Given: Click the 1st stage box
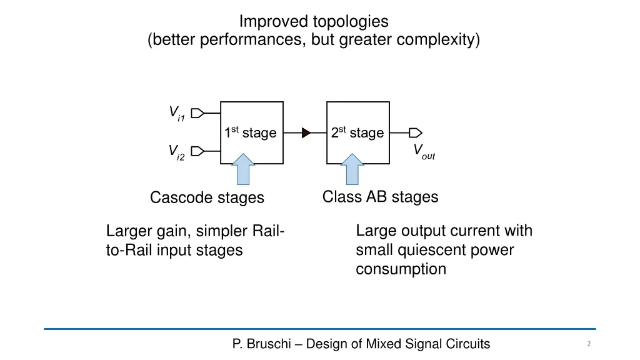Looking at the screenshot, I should tap(252, 132).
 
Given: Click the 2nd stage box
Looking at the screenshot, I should tap(358, 132).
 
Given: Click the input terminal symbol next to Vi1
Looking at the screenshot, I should tap(197, 113).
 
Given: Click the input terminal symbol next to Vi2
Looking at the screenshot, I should tap(197, 151).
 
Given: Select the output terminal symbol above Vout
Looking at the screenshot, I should tap(416, 132).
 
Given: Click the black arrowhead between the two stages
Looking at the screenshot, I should tap(306, 132).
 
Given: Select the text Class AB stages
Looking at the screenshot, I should tap(380, 197).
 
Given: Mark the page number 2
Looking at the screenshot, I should tap(589, 344).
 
